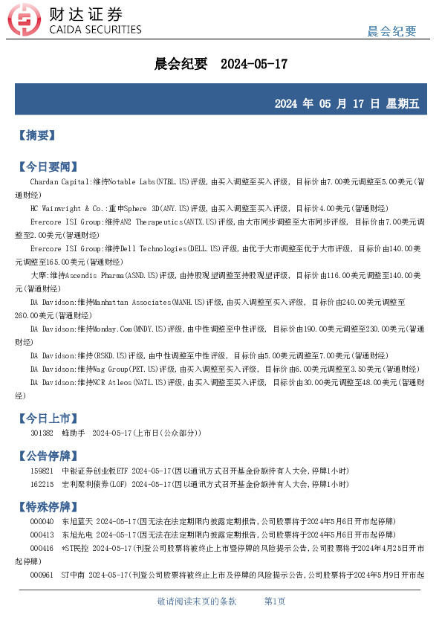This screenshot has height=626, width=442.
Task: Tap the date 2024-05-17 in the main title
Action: point(254,65)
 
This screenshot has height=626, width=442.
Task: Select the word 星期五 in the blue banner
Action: point(402,104)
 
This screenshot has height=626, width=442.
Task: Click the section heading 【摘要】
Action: point(36,135)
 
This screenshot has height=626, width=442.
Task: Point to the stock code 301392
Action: point(42,433)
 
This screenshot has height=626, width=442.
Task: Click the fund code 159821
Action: point(42,471)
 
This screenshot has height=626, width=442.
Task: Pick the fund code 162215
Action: point(42,483)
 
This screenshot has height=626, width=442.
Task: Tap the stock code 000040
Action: point(42,522)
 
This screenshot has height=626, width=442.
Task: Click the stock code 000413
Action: point(42,535)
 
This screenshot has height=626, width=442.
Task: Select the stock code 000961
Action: point(42,575)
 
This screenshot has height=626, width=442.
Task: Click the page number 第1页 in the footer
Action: point(275,601)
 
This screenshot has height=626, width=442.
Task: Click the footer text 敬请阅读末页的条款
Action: point(197,601)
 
